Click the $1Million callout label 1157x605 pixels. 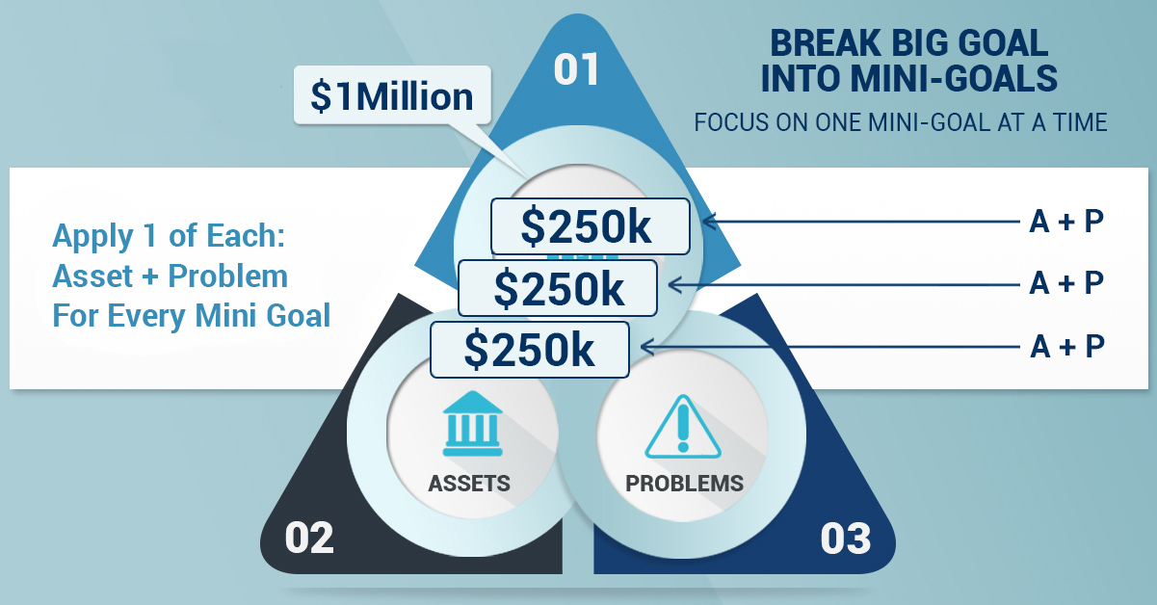coord(392,95)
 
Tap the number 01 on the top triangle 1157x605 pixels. coord(576,69)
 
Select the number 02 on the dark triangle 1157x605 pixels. coord(309,538)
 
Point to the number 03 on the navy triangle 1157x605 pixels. coord(846,539)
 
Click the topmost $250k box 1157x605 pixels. coord(590,226)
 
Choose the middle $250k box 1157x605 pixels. coord(558,288)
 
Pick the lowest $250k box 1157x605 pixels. coord(530,350)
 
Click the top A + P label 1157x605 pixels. coord(1066,222)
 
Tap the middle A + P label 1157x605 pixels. coord(1066,283)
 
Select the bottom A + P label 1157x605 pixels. coord(1066,346)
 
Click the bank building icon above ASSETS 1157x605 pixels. coord(472,423)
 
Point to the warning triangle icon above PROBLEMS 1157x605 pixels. coord(683,427)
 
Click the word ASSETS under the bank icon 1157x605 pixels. coord(469,484)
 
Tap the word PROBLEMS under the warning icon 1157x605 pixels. coord(684,484)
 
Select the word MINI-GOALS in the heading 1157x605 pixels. coord(954,79)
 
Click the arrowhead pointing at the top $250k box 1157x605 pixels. coord(710,222)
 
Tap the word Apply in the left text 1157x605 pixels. coord(92,237)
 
